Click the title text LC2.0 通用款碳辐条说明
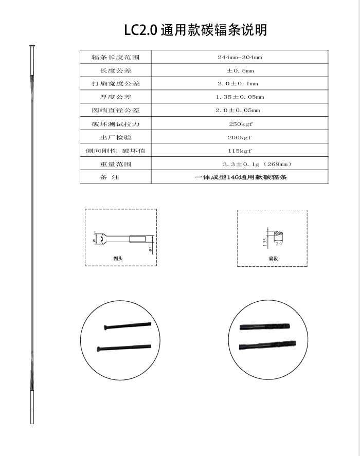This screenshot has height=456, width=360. coord(195,30)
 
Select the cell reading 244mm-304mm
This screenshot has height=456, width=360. coord(240,57)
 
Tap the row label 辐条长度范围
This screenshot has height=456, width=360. coord(115,57)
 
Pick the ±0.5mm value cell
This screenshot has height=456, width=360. coord(240,70)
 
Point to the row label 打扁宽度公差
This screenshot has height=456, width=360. coord(115,84)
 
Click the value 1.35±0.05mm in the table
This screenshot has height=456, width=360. coord(240,97)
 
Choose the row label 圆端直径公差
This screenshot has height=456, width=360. coord(115,111)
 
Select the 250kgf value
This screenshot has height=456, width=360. coord(240,124)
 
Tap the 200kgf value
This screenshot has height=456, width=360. coord(240,137)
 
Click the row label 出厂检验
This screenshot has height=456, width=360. coord(115,137)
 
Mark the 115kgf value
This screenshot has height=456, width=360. coord(240,151)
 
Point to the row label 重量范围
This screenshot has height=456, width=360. coord(115,164)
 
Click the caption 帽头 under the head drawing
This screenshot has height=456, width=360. coord(119,259)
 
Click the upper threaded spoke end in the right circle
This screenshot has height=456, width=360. coord(278,326)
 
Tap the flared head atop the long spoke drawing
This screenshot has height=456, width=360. coord(31,49)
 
